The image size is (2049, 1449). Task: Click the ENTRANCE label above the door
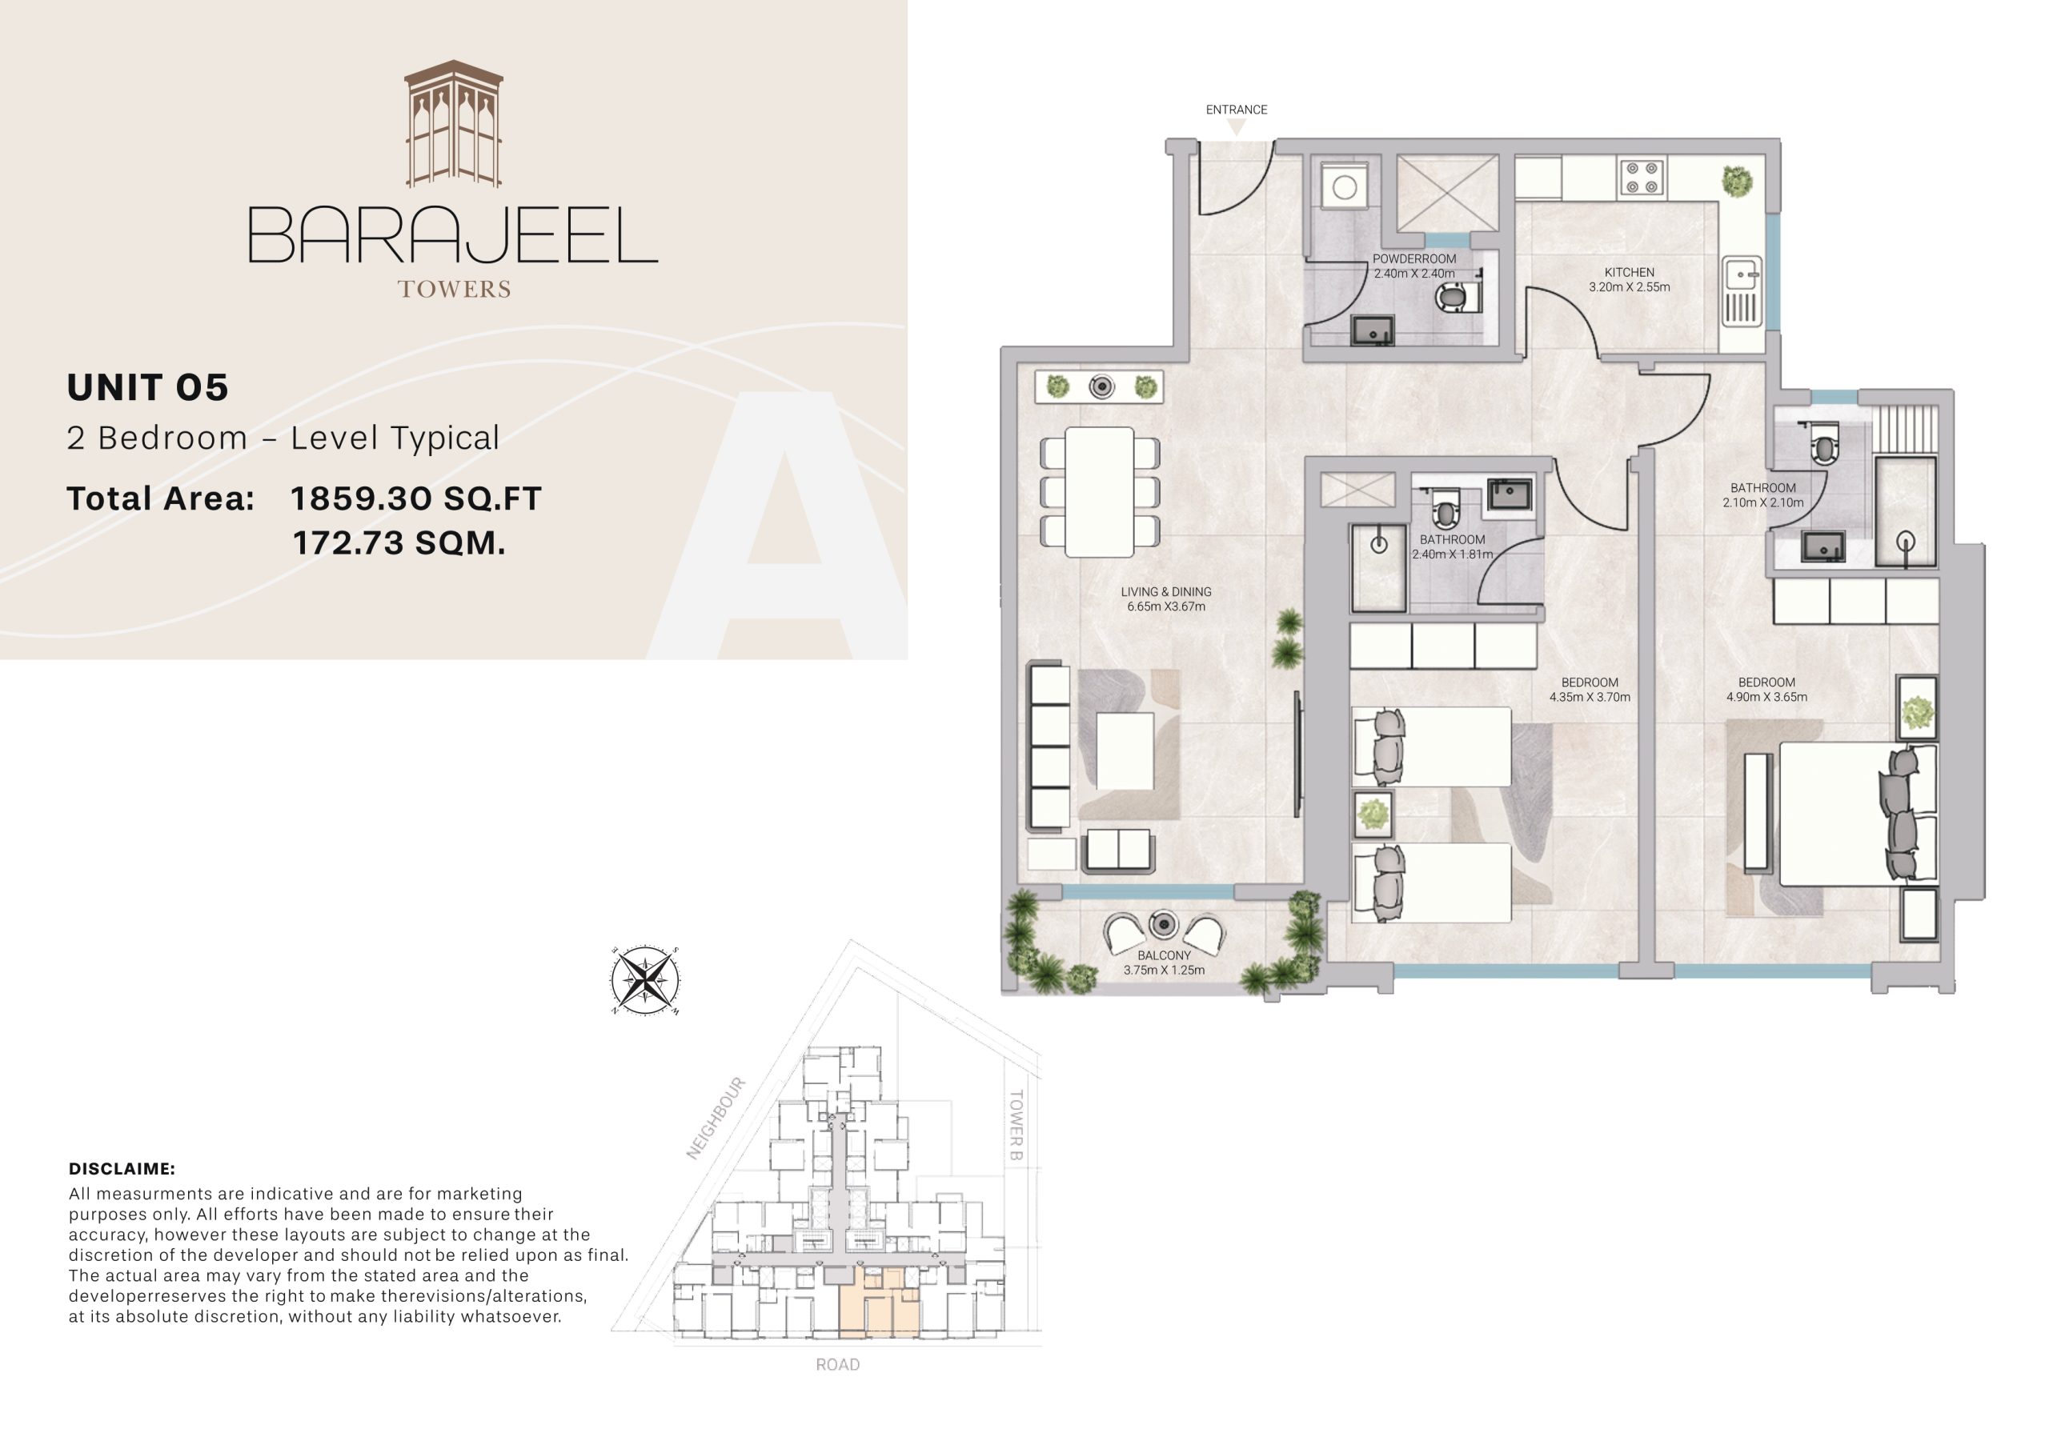point(1236,110)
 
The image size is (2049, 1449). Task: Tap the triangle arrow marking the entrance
point(1236,127)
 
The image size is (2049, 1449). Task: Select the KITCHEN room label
point(1629,272)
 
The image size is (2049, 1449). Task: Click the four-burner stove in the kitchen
point(1642,177)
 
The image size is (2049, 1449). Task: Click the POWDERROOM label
point(1413,258)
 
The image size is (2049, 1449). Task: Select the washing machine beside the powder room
point(1345,187)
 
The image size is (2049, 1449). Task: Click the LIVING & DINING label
point(1165,591)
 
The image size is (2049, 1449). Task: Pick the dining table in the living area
point(1100,491)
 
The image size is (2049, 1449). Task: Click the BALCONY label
point(1164,955)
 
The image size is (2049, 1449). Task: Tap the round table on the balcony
point(1163,924)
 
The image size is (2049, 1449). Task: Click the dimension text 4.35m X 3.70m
point(1590,698)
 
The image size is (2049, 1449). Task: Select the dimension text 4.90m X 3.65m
point(1766,698)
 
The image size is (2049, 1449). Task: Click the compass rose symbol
point(644,981)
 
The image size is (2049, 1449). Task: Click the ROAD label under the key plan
point(837,1365)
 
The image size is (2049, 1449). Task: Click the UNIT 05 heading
point(148,387)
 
